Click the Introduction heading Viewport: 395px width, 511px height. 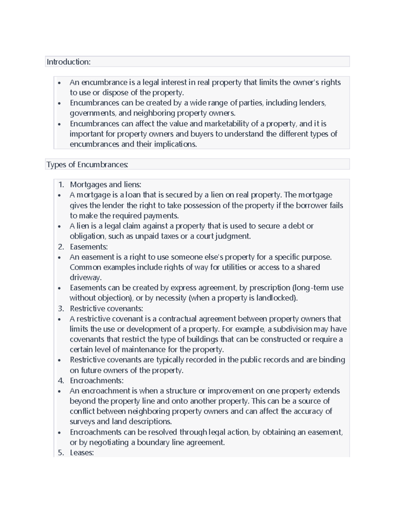click(68, 62)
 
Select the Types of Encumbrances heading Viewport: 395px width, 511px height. click(87, 165)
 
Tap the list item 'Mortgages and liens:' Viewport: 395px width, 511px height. click(105, 185)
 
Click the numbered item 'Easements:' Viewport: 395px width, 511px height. click(89, 246)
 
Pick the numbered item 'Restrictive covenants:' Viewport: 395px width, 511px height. click(106, 308)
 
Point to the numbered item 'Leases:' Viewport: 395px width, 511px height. click(82, 452)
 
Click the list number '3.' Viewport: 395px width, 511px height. click(61, 308)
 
